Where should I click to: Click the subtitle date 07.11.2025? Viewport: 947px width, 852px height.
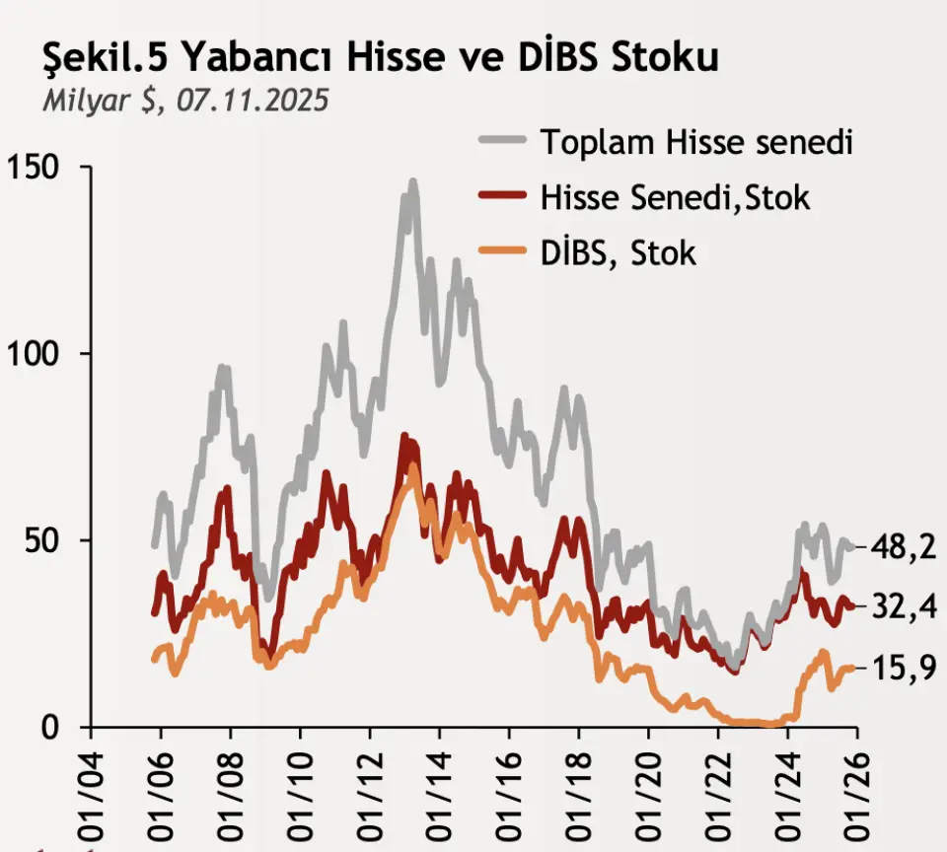253,102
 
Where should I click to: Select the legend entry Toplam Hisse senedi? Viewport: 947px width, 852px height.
695,142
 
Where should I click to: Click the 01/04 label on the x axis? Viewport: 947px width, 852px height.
92,789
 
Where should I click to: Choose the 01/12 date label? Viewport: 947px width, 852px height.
370,789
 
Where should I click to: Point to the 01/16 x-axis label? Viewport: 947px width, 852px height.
509,789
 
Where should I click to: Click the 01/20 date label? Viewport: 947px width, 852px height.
648,789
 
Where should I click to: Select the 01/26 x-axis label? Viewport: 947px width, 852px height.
856,789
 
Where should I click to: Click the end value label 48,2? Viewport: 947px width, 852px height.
903,546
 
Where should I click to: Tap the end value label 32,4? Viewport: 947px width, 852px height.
903,606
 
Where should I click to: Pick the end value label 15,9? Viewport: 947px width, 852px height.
903,668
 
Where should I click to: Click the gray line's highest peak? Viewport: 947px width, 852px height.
412,182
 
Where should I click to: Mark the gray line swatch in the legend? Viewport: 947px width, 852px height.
502,142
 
